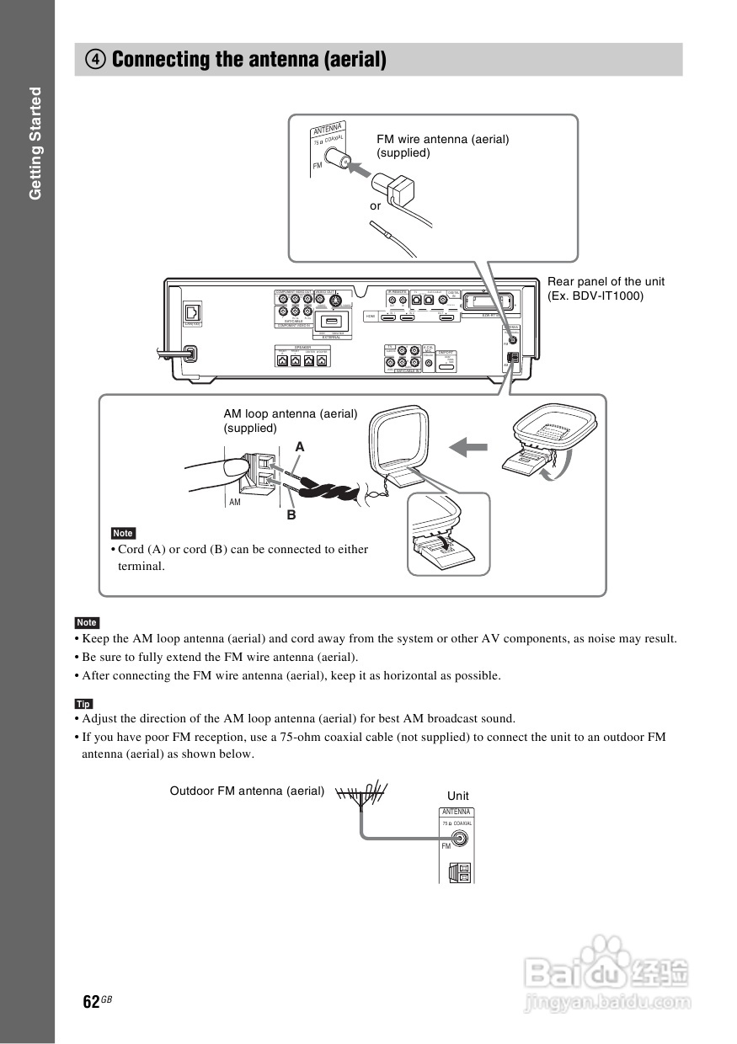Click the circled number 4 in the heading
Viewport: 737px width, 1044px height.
tap(95, 60)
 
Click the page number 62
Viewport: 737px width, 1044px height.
tap(91, 1001)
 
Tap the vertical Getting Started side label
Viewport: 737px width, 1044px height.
tap(35, 143)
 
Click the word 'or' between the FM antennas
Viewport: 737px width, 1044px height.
tap(375, 205)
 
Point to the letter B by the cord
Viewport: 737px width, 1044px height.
tap(291, 514)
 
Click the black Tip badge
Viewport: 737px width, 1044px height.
tap(83, 704)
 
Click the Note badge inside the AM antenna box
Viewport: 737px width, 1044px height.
tap(123, 533)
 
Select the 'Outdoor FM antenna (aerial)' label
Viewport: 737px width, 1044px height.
tap(247, 791)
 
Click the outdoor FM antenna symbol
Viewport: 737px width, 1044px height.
tap(361, 793)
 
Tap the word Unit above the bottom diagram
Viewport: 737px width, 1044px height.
tap(458, 796)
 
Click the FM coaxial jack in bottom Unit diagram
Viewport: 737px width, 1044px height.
tap(461, 839)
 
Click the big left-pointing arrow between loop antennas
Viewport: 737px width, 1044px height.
tap(468, 446)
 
